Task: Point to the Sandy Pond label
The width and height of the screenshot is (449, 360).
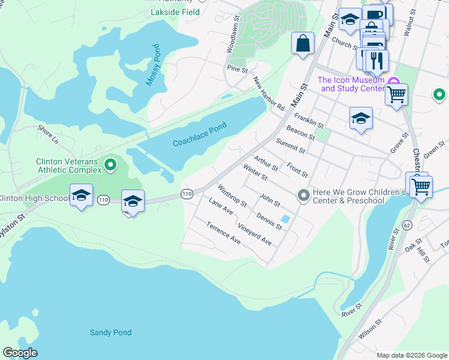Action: [x=110, y=332]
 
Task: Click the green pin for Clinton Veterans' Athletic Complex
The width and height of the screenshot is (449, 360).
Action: [x=110, y=164]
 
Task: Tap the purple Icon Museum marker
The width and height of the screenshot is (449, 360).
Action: [x=393, y=82]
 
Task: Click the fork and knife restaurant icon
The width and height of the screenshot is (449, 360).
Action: [x=376, y=60]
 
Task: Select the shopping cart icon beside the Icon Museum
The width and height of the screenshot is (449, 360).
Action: [x=396, y=94]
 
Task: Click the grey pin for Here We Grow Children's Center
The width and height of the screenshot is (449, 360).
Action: [x=304, y=195]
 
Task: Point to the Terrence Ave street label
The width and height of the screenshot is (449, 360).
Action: [x=223, y=233]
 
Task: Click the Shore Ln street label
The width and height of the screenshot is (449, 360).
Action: [x=47, y=135]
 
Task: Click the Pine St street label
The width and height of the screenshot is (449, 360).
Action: [x=237, y=70]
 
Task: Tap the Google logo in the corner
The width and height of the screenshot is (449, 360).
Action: [x=20, y=353]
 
